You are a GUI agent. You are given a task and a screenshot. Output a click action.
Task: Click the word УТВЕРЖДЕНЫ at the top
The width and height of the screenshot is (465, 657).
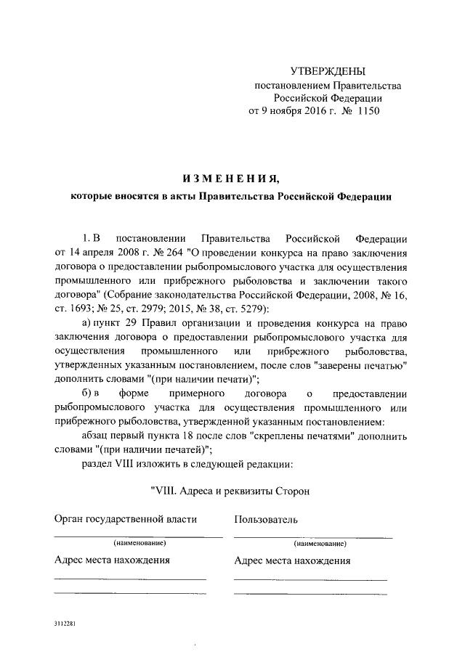pyautogui.click(x=328, y=71)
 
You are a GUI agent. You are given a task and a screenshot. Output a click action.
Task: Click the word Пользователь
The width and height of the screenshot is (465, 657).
pyautogui.click(x=265, y=520)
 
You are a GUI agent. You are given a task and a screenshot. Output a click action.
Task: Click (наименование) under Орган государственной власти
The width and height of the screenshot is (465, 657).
pyautogui.click(x=136, y=543)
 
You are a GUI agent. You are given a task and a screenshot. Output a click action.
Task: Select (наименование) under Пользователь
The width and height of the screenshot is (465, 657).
pyautogui.click(x=319, y=543)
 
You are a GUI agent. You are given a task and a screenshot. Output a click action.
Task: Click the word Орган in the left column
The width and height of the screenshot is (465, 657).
pyautogui.click(x=69, y=520)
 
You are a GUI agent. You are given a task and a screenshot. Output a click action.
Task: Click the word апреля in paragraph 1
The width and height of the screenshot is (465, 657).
pyautogui.click(x=97, y=252)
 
